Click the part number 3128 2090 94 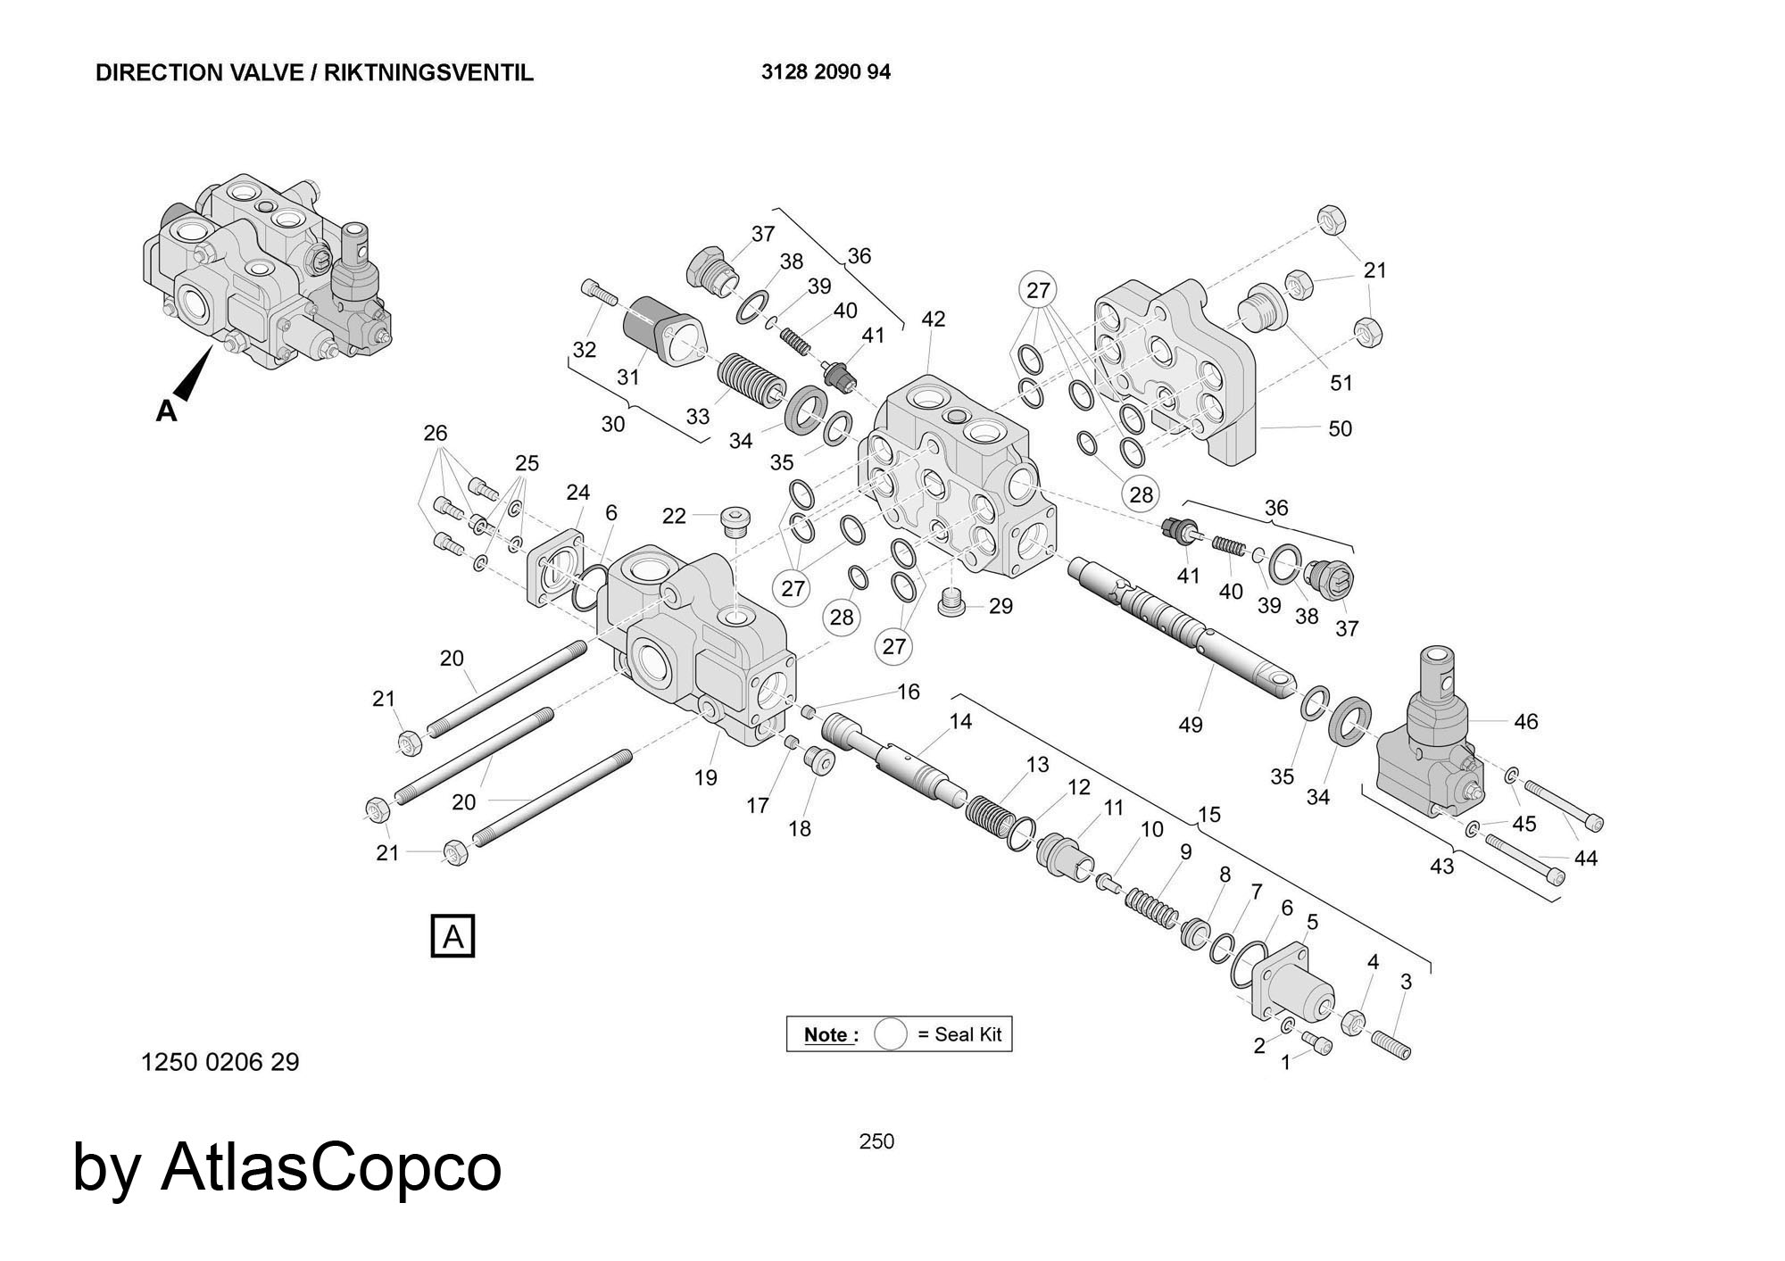[x=826, y=72]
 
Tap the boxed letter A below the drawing [x=452, y=936]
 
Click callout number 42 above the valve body [x=933, y=319]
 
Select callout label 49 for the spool [x=1191, y=725]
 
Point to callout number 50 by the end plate [x=1340, y=428]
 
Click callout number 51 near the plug [x=1341, y=383]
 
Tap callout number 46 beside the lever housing [x=1526, y=721]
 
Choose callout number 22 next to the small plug [x=674, y=516]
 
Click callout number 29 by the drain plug [x=1000, y=606]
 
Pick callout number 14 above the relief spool [x=960, y=720]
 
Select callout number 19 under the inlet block [x=705, y=777]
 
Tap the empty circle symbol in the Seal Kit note [x=890, y=1034]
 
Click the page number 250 [x=876, y=1141]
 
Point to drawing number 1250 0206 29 [x=220, y=1062]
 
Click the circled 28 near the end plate [x=1142, y=494]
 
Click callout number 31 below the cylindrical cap [x=628, y=377]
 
